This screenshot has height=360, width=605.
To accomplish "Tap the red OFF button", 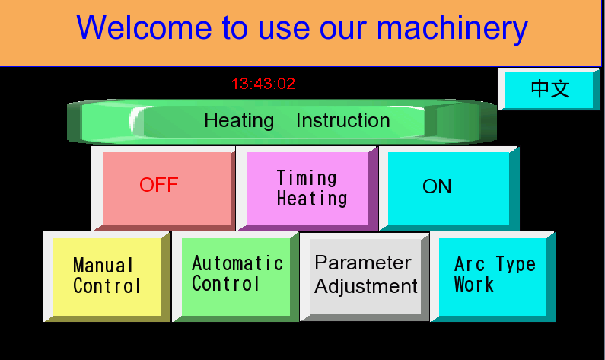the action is (163, 188).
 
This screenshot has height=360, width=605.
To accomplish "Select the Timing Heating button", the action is (307, 188).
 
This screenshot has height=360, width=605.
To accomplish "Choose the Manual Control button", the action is (107, 276).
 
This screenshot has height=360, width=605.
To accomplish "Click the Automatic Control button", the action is (235, 276).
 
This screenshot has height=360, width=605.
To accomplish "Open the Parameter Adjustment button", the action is (365, 276).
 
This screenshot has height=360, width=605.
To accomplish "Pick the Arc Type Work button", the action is (492, 276).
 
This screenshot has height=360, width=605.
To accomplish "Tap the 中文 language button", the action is (549, 89).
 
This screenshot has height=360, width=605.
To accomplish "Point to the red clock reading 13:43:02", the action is (263, 84).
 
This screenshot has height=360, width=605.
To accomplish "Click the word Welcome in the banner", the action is (144, 28).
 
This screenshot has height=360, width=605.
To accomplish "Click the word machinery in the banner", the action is (452, 29).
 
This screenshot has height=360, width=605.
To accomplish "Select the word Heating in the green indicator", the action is (239, 121).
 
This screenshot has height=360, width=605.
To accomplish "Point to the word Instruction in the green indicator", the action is (343, 120).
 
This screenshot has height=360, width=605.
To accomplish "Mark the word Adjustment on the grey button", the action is (366, 287).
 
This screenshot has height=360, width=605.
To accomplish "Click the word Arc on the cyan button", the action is (470, 264).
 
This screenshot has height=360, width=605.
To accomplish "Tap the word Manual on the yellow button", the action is (103, 266).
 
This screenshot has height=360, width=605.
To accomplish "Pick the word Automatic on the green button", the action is (237, 263).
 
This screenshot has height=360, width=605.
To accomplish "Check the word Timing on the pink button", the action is (307, 178).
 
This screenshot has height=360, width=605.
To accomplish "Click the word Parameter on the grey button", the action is (363, 263).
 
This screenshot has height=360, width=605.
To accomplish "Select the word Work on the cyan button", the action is (474, 285).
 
